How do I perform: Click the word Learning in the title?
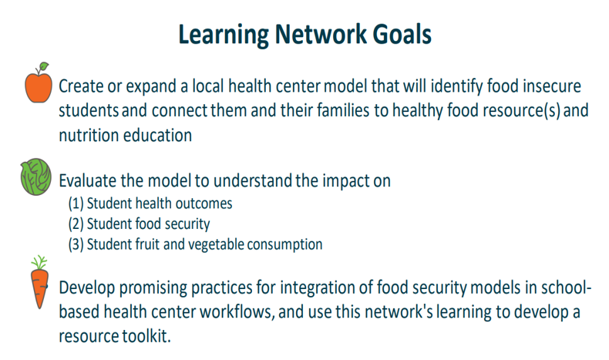pyautogui.click(x=224, y=35)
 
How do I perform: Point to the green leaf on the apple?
pyautogui.click(x=44, y=66)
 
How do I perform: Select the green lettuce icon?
pyautogui.click(x=35, y=177)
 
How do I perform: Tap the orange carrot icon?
pyautogui.click(x=39, y=282)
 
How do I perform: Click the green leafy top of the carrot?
pyautogui.click(x=39, y=262)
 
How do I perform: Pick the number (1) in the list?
pyautogui.click(x=76, y=204)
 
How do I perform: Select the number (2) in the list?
pyautogui.click(x=76, y=224)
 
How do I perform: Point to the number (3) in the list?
pyautogui.click(x=76, y=244)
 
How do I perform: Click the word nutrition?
pyautogui.click(x=89, y=136)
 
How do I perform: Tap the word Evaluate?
pyautogui.click(x=87, y=180)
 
